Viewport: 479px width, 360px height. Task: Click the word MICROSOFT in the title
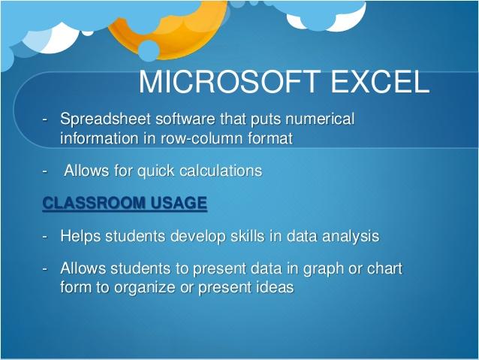point(230,82)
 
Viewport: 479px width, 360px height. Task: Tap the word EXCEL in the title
point(380,82)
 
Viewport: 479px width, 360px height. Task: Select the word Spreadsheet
point(105,119)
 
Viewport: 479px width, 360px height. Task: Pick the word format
point(270,138)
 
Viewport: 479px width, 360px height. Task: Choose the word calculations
point(221,171)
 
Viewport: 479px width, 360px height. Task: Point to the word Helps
point(80,237)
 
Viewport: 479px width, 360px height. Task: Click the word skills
point(248,236)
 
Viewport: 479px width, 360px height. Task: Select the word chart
point(384,268)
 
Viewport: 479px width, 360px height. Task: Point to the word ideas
point(275,287)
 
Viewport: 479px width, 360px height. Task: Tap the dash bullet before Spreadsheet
point(45,119)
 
